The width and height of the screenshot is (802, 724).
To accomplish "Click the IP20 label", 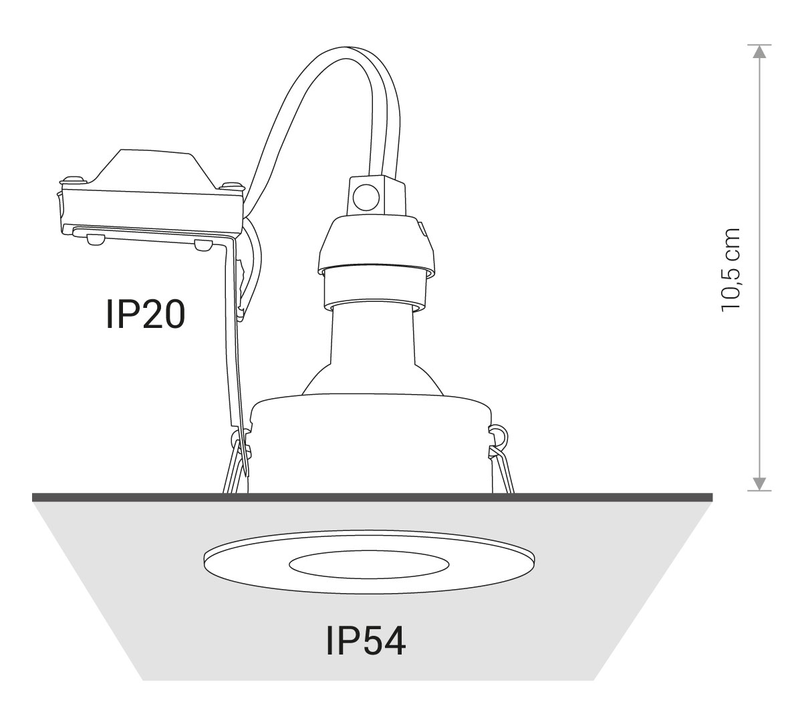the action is [146, 314].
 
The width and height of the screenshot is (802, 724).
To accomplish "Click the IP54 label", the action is [366, 641].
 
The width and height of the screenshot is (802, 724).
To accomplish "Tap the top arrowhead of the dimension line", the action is [759, 51].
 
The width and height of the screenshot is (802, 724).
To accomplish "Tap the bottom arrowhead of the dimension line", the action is [759, 484].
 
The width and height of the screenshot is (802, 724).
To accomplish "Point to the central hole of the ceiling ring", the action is [368, 566].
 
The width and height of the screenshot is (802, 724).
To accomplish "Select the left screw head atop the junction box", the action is [74, 180].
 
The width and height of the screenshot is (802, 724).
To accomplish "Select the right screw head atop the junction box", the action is [231, 186].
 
